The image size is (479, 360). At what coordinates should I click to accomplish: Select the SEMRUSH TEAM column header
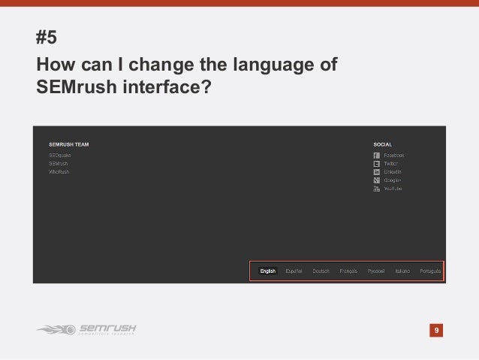(69, 143)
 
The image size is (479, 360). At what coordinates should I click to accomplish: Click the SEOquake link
(59, 154)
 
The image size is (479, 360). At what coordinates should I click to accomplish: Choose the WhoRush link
(59, 171)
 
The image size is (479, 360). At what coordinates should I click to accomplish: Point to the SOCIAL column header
(383, 143)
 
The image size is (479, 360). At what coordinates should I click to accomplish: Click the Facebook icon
(376, 155)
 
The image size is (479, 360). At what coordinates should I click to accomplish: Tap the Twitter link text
(391, 163)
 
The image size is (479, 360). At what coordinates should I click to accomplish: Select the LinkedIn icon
(376, 172)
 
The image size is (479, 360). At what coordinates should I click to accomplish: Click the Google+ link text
(393, 180)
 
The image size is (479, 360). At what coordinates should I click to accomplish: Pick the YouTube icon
(376, 189)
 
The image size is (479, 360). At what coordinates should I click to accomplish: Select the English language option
(268, 271)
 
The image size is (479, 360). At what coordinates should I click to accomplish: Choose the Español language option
(294, 271)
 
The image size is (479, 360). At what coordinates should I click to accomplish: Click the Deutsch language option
(321, 271)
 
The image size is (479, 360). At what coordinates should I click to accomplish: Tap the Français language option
(348, 271)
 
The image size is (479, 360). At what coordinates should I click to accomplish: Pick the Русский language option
(376, 271)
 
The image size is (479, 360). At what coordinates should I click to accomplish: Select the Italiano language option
(403, 271)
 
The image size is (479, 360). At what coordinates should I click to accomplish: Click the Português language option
(430, 271)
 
